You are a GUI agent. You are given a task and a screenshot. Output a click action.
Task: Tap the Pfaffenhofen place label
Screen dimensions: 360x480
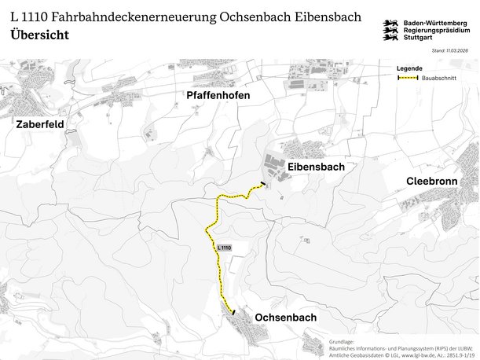[218, 96]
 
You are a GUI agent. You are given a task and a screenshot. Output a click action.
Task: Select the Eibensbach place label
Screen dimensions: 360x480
[316, 167]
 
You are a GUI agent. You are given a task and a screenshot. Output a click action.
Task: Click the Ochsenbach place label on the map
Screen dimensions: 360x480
[286, 318]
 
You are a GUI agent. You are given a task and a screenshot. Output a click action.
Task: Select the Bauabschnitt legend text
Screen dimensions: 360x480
[439, 78]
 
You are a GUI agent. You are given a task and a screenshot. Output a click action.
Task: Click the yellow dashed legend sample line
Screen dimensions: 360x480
[407, 78]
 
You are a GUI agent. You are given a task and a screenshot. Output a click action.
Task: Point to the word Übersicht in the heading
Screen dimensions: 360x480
[40, 35]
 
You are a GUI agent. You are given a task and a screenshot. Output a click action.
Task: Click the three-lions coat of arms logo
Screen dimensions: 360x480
[390, 31]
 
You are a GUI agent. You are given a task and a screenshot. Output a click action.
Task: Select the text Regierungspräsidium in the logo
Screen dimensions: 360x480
[437, 31]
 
